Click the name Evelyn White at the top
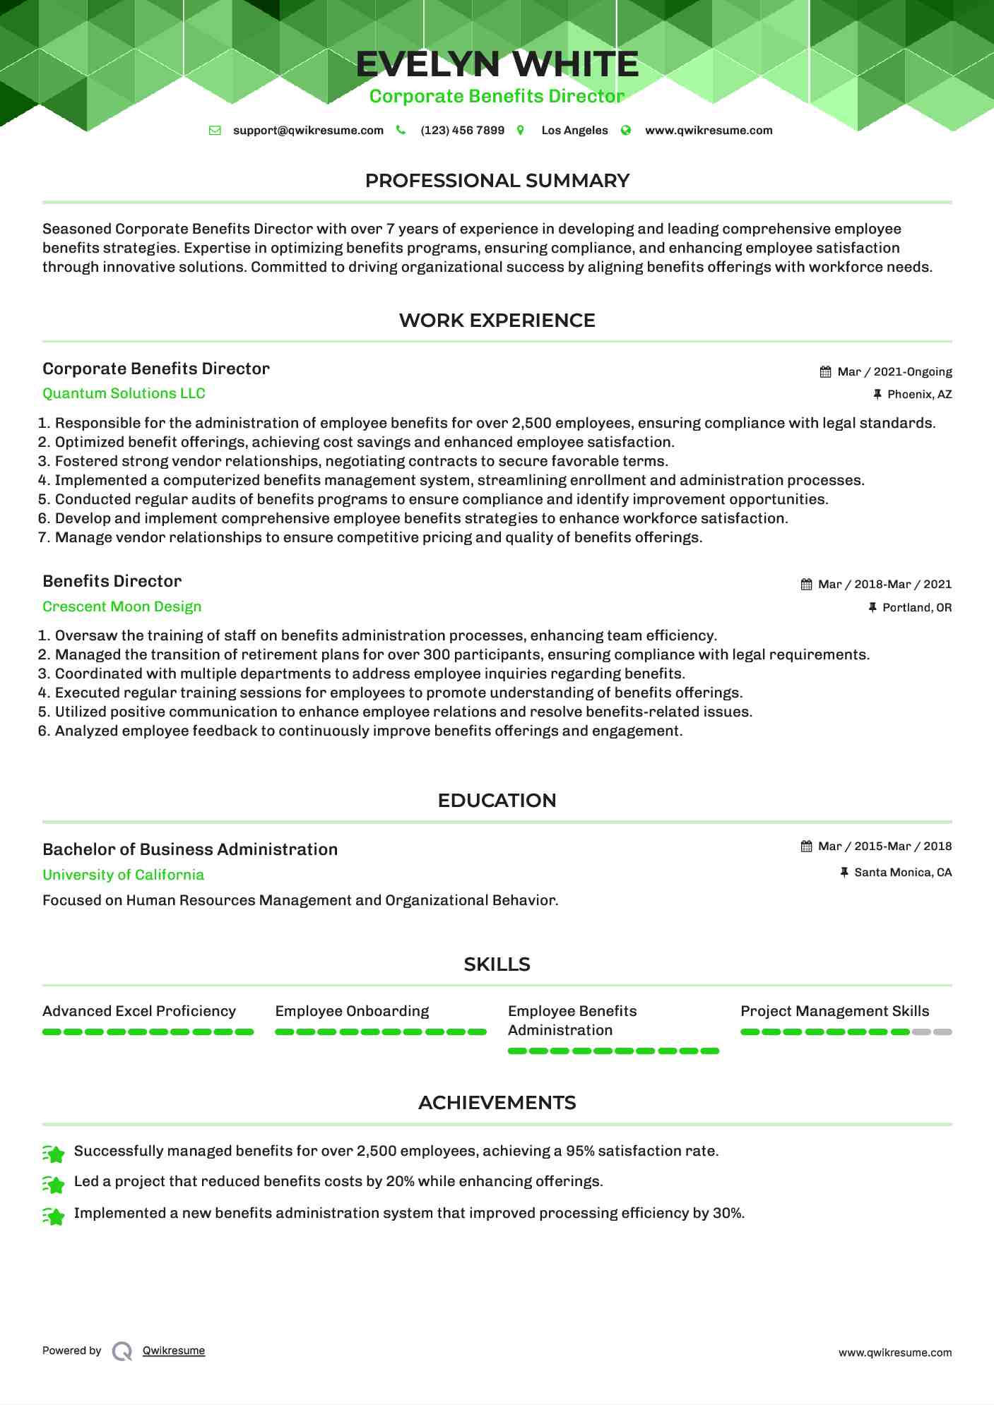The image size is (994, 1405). (497, 64)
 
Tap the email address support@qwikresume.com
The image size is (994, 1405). (308, 131)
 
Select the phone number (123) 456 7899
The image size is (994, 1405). (462, 131)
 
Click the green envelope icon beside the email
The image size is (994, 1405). (215, 131)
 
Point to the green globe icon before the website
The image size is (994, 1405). (626, 131)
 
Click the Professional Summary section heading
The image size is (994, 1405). (497, 181)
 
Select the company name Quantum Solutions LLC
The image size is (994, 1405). (124, 393)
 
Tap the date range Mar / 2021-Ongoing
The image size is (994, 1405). (894, 372)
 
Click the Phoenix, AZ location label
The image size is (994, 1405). (919, 395)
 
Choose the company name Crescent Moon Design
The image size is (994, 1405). (122, 606)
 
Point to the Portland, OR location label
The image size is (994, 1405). (917, 608)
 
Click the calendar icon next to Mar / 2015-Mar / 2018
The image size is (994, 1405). (806, 847)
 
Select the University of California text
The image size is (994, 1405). (123, 875)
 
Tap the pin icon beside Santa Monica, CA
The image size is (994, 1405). (844, 873)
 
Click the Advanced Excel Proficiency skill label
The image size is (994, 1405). (139, 1011)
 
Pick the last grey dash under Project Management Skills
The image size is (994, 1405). (942, 1032)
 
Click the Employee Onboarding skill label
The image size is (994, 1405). (352, 1011)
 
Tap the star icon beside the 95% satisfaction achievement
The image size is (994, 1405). (54, 1154)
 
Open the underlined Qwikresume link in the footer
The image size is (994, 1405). (174, 1351)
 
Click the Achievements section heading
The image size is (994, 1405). (497, 1103)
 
